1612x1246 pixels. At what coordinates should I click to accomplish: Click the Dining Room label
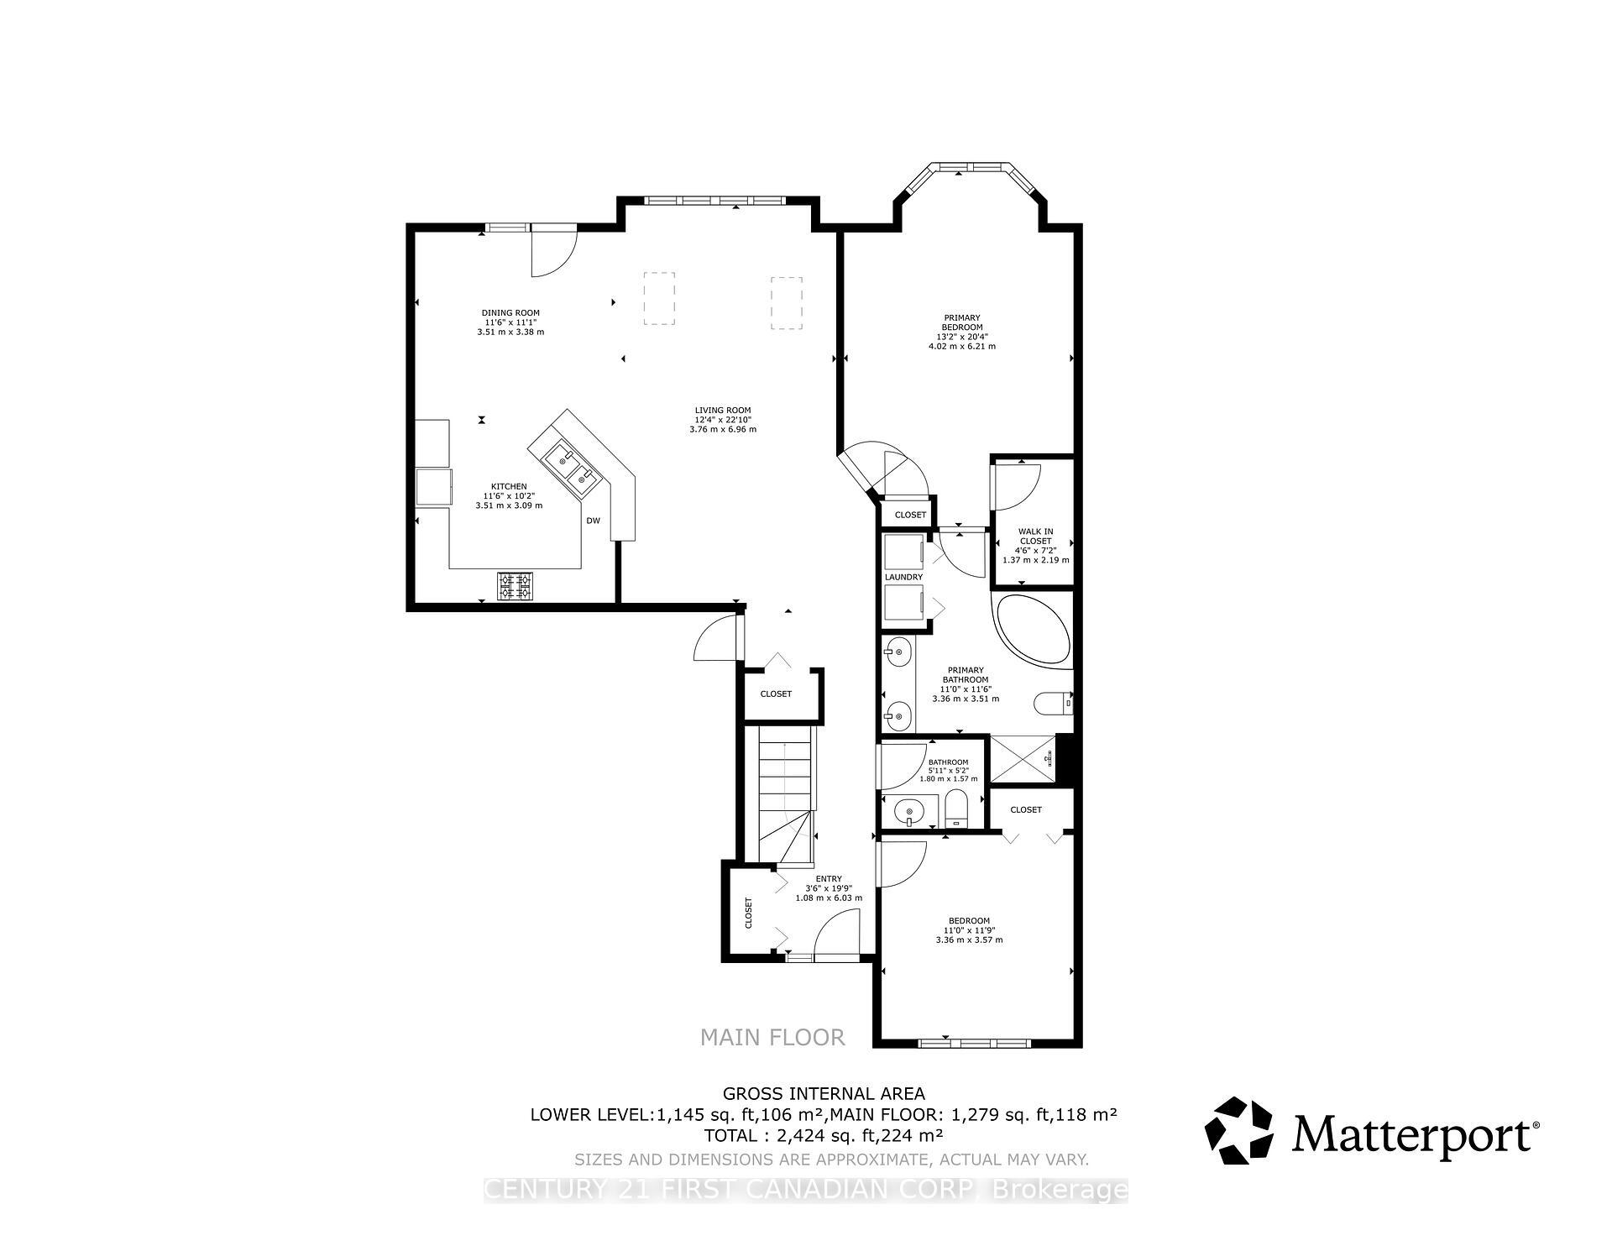[510, 322]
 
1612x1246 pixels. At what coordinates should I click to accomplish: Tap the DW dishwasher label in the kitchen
[594, 521]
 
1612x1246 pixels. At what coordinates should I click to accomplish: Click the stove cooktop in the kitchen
[516, 585]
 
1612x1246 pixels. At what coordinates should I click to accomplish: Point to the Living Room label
[722, 419]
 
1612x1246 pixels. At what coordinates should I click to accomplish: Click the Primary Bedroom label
[962, 332]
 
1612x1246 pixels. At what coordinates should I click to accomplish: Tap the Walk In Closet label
[1035, 545]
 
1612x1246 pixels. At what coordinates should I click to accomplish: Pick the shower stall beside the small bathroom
[1022, 758]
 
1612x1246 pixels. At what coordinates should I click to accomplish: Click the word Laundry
[903, 577]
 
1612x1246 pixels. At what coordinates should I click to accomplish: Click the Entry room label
[828, 888]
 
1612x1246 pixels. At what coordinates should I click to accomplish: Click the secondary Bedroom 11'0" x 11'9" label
[969, 929]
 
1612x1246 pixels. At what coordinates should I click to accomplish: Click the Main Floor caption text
[772, 1038]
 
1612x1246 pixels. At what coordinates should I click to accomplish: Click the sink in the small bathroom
[908, 812]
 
